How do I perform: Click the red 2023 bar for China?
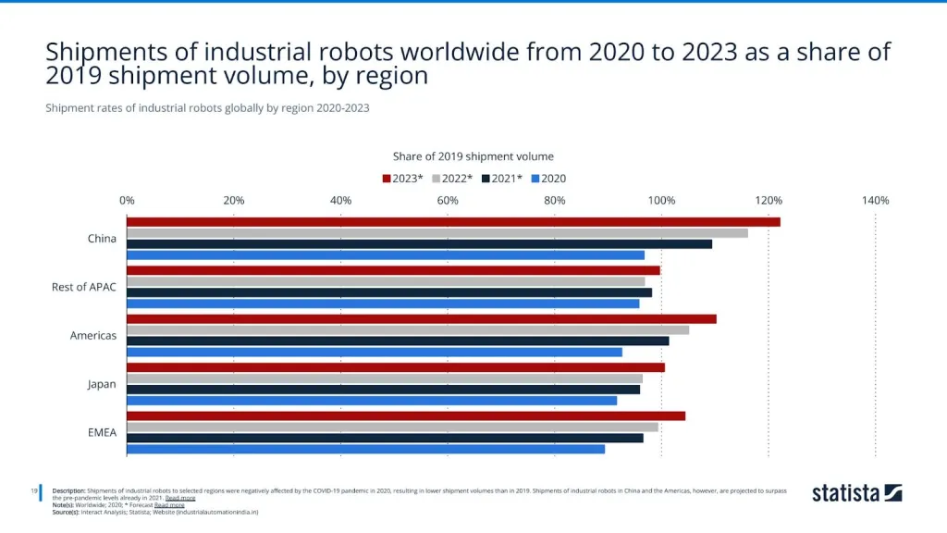tap(453, 222)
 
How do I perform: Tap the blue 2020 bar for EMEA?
tap(365, 449)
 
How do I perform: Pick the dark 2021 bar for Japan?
tap(383, 390)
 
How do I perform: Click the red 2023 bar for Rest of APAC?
tap(393, 270)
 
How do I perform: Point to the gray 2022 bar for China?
tap(437, 232)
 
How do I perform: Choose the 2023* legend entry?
tap(402, 179)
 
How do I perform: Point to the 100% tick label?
tap(661, 200)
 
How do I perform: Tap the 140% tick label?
tap(875, 200)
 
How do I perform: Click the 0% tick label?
tap(127, 200)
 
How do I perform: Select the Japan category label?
tap(102, 384)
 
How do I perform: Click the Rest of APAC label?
tap(84, 287)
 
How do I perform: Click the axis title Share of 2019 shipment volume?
tap(473, 156)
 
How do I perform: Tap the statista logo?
tap(856, 493)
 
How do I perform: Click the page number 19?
tap(34, 490)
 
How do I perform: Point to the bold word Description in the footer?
tap(69, 490)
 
